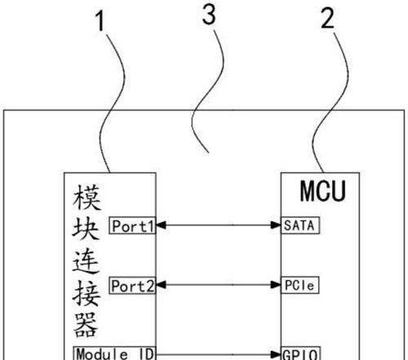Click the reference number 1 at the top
coord(100,21)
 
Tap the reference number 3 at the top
coord(209,15)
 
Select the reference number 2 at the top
coord(327,18)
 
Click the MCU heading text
coord(322,191)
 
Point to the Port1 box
coord(132,225)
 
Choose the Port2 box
coord(132,285)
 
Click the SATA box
coord(300,225)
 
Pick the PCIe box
coord(299,285)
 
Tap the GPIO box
coord(300,353)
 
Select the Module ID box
coord(114,353)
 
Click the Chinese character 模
coord(86,198)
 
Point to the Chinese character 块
coord(86,229)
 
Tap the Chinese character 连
coord(86,261)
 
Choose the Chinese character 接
coord(86,293)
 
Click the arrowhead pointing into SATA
coord(276,225)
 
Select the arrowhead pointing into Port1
coord(161,225)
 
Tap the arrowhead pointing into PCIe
coord(276,285)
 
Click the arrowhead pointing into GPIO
coord(276,354)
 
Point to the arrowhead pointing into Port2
coord(161,285)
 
